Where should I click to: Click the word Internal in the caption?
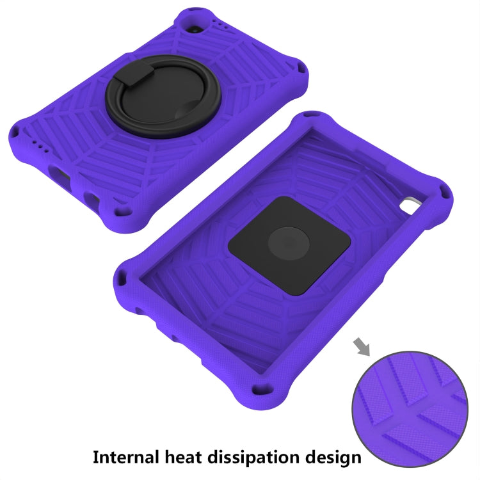125,457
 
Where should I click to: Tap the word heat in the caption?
183,457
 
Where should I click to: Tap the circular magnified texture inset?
410,409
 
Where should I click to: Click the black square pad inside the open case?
289,246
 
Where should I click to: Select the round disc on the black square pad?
289,244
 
